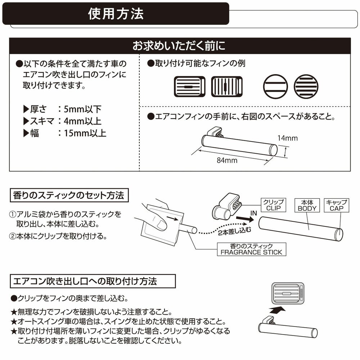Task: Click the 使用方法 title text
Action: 116,14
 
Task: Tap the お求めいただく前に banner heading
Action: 179,46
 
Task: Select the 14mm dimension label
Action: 287,138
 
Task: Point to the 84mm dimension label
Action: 227,160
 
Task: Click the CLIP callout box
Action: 274,205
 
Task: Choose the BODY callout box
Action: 307,205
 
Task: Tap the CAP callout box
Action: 336,205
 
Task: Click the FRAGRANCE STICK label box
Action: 251,249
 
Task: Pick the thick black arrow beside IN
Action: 245,219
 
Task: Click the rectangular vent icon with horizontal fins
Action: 190,86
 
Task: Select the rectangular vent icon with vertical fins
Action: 227,86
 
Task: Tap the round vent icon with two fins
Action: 275,86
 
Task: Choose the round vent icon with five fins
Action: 306,86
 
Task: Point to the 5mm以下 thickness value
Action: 82,109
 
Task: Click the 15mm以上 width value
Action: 85,133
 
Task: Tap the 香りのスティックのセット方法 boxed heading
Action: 69,195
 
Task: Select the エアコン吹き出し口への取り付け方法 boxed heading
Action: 93,281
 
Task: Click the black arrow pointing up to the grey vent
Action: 277,310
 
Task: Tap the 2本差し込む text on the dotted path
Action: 234,231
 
